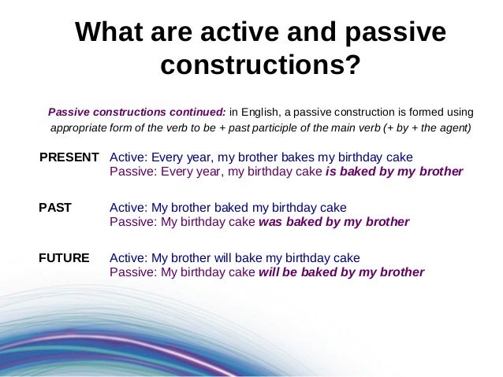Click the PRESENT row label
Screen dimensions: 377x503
point(69,156)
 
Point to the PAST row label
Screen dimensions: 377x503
point(55,208)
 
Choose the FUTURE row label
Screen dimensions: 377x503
point(64,257)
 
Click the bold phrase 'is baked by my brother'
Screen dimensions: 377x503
point(394,171)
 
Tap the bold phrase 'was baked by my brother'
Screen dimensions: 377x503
point(334,222)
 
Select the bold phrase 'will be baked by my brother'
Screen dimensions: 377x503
point(341,272)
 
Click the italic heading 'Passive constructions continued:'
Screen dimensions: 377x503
point(137,111)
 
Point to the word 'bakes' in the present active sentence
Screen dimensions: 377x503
point(300,156)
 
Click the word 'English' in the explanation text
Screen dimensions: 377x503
point(260,111)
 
